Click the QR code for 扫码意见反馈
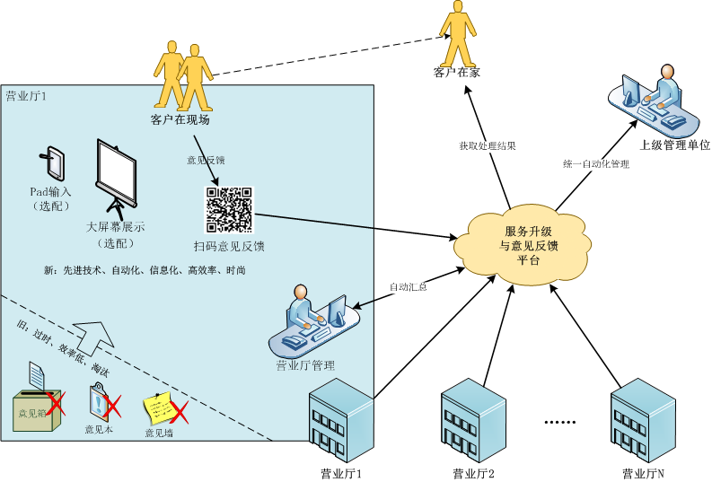pos(230,209)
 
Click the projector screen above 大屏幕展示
pos(116,180)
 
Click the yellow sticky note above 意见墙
pos(160,408)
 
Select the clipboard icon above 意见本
pos(100,401)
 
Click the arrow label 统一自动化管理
pos(596,164)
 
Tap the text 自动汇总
pos(408,286)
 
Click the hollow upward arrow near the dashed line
pos(93,341)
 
